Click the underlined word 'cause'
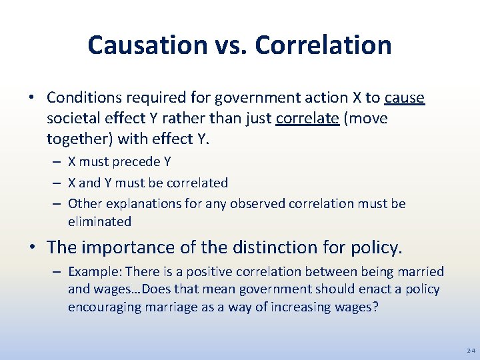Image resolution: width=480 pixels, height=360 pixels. tap(405, 98)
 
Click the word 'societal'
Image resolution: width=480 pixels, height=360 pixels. tap(72, 119)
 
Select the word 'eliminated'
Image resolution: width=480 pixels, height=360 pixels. tap(99, 221)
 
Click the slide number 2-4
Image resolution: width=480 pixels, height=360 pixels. tap(471, 350)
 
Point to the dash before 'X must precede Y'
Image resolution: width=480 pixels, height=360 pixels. tap(57, 162)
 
